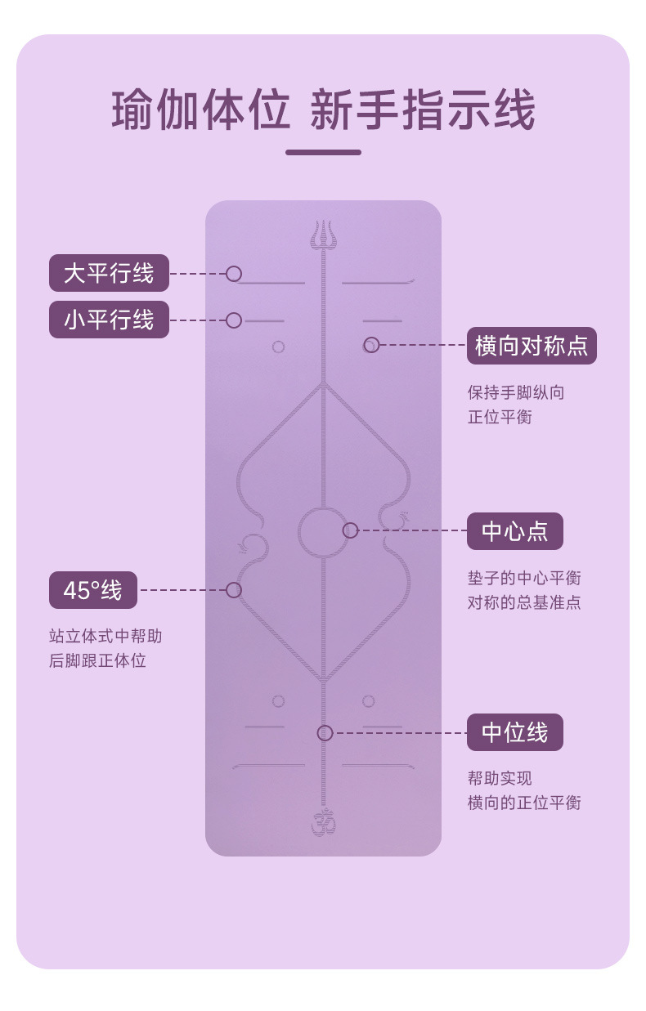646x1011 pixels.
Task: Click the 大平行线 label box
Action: click(x=109, y=273)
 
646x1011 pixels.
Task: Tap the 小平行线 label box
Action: click(x=109, y=320)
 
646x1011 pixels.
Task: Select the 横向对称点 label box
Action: click(x=532, y=346)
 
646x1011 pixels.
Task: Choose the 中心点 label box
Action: click(x=514, y=531)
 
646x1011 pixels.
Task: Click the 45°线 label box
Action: click(x=92, y=590)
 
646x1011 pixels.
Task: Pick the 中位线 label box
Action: click(x=514, y=732)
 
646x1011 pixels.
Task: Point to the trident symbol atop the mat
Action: click(x=323, y=235)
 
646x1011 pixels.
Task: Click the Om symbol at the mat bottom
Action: click(x=323, y=822)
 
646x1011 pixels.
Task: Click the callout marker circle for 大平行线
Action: click(x=234, y=274)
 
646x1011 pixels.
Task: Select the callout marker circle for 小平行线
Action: click(x=234, y=320)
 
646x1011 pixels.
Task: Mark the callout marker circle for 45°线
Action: click(x=234, y=590)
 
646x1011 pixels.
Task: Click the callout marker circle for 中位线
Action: click(x=325, y=733)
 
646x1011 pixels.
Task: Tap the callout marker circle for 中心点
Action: click(x=351, y=531)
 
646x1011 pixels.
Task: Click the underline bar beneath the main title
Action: click(x=323, y=152)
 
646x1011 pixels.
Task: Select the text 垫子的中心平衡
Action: click(x=524, y=579)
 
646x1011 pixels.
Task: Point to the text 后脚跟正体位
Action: click(x=97, y=660)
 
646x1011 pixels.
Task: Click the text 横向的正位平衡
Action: click(x=524, y=803)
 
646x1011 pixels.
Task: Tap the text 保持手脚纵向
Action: click(x=516, y=392)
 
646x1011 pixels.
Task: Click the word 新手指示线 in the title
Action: click(x=423, y=111)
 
